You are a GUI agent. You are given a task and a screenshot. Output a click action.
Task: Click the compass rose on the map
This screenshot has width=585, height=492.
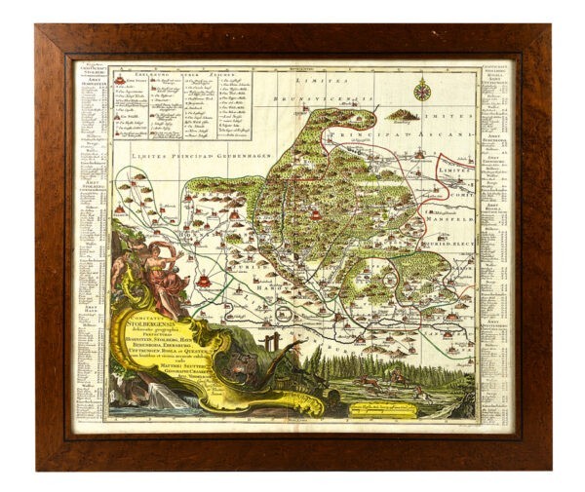422,93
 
